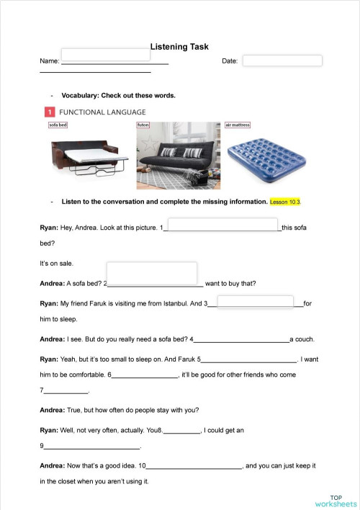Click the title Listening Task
179,47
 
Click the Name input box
106,55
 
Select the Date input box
282,61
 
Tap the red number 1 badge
49,112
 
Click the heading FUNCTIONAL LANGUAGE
102,112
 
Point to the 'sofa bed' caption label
58,125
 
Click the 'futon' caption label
143,125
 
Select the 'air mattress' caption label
238,125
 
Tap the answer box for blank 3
256,302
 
